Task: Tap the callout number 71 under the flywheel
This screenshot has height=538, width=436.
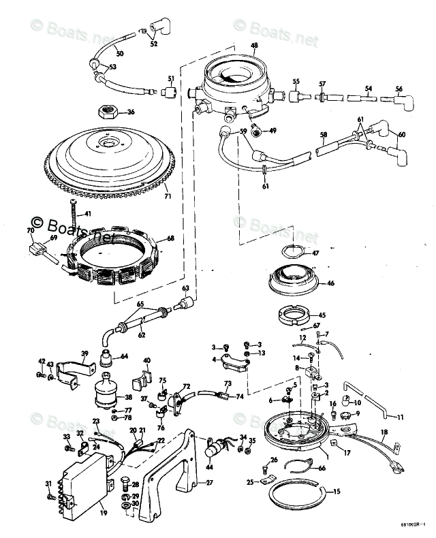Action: coord(168,197)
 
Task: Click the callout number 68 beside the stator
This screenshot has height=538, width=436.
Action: coord(171,238)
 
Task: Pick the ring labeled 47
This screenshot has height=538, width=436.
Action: coord(292,252)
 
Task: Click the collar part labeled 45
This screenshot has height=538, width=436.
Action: coord(295,316)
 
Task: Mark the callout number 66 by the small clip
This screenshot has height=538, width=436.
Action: coord(322,468)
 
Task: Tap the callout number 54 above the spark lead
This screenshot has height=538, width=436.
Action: coord(368,89)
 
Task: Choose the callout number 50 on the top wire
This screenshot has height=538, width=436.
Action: coord(120,53)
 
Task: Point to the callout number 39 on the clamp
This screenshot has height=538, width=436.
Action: coord(85,353)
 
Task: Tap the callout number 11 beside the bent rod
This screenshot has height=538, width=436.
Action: coord(401,417)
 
